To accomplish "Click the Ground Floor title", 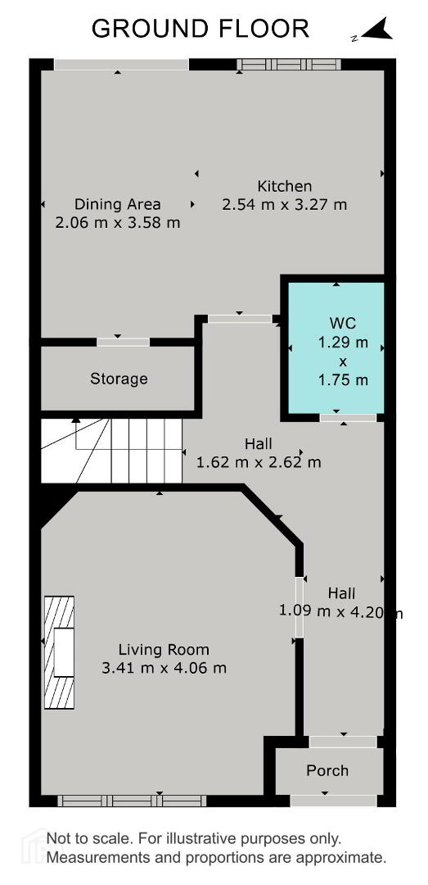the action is pyautogui.click(x=200, y=28).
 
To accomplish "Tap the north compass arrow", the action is pyautogui.click(x=376, y=29).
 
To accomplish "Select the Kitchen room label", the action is pyautogui.click(x=285, y=186).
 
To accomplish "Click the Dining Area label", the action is pyautogui.click(x=118, y=204).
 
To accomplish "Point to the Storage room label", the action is pyautogui.click(x=119, y=379).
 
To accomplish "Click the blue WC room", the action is pyautogui.click(x=336, y=347).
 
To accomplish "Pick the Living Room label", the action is pyautogui.click(x=164, y=650).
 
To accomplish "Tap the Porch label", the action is pyautogui.click(x=327, y=770).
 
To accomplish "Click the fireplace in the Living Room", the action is pyautogui.click(x=59, y=652).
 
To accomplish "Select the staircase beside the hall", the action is pyautogui.click(x=111, y=451).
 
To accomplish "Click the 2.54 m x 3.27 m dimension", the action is pyautogui.click(x=285, y=204).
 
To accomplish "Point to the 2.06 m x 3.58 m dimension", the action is pyautogui.click(x=118, y=222).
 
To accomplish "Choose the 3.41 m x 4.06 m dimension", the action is pyautogui.click(x=164, y=669).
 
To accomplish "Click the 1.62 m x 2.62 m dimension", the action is pyautogui.click(x=259, y=463).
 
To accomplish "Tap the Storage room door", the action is pyautogui.click(x=123, y=342).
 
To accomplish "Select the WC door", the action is pyautogui.click(x=348, y=418).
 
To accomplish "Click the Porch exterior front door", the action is pyautogui.click(x=333, y=801).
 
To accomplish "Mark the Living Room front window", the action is pyautogui.click(x=132, y=801).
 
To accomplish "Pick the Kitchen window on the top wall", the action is pyautogui.click(x=289, y=65).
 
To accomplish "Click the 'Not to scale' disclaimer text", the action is pyautogui.click(x=217, y=848).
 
